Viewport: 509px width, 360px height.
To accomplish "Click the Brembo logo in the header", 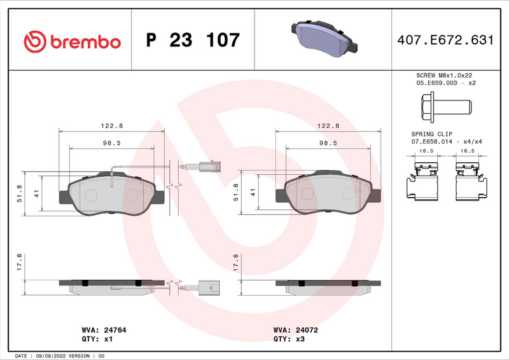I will click(71, 41).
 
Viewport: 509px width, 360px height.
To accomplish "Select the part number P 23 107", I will click(193, 41).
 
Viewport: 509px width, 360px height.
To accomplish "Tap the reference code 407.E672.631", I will click(445, 40).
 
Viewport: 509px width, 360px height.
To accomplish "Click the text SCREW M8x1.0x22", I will click(445, 75).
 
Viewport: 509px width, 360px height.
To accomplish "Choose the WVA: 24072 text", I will click(295, 331).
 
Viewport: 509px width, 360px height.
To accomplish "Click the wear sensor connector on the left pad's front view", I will click(207, 169).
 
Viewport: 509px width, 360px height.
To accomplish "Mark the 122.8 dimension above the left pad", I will click(112, 126).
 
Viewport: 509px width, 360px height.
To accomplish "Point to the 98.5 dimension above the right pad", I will click(328, 144).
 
